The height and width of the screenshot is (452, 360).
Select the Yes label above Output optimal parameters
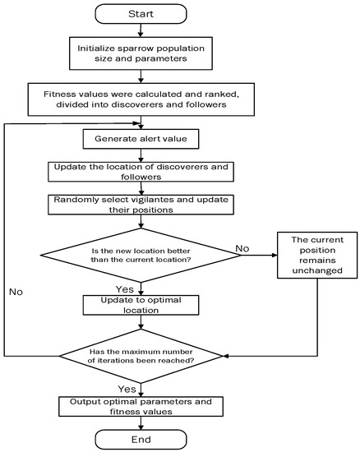[126, 387]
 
